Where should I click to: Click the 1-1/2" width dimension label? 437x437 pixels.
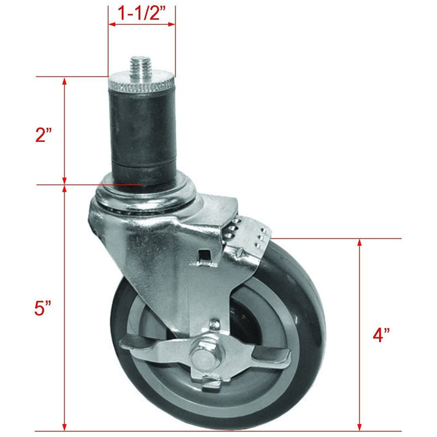click(x=141, y=11)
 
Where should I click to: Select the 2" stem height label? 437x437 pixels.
click(x=43, y=135)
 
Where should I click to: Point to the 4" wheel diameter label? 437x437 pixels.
click(x=384, y=335)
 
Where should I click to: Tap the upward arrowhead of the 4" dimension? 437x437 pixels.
click(x=359, y=244)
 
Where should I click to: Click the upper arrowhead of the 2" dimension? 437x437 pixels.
click(x=65, y=82)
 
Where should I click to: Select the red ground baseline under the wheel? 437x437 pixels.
click(x=218, y=432)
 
